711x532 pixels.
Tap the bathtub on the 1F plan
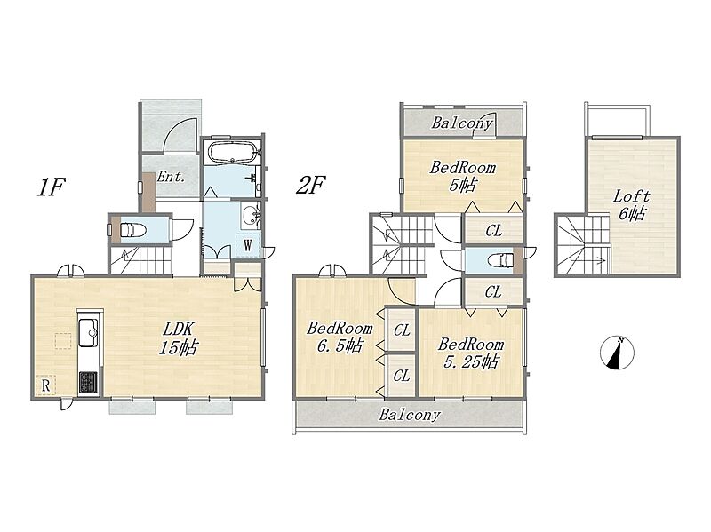pyautogui.click(x=232, y=153)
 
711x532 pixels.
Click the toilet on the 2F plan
pyautogui.click(x=500, y=261)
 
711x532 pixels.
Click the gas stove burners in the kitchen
pyautogui.click(x=88, y=382)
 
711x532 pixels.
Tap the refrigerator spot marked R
pyautogui.click(x=46, y=385)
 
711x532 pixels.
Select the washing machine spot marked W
pyautogui.click(x=248, y=245)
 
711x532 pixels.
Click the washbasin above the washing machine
pyautogui.click(x=251, y=216)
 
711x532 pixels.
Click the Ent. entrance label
pyautogui.click(x=171, y=177)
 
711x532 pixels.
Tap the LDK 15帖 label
pyautogui.click(x=179, y=337)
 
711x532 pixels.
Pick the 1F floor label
pyautogui.click(x=52, y=187)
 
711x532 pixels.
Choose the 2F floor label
pyautogui.click(x=310, y=185)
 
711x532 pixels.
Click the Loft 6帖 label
pyautogui.click(x=632, y=205)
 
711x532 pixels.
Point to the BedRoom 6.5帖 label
pyautogui.click(x=340, y=337)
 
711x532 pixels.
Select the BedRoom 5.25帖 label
pyautogui.click(x=471, y=353)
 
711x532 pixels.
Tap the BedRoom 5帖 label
pyautogui.click(x=463, y=176)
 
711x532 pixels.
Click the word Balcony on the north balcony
pyautogui.click(x=462, y=123)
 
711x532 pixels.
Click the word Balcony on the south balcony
pyautogui.click(x=410, y=415)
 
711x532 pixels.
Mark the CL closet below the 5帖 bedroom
pyautogui.click(x=494, y=231)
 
